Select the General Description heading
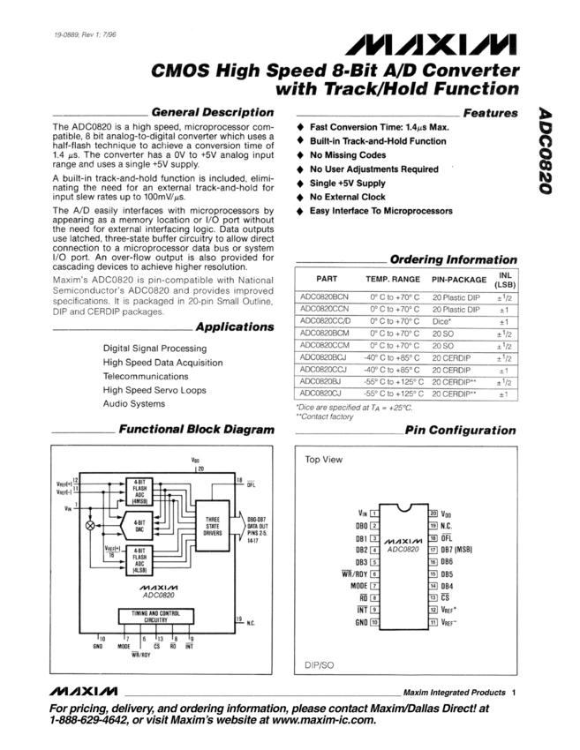[x=212, y=112]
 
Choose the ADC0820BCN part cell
[x=325, y=297]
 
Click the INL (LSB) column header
[x=504, y=279]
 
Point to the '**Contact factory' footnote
[x=324, y=416]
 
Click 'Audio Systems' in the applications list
[x=134, y=403]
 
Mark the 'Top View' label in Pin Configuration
[x=324, y=460]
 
